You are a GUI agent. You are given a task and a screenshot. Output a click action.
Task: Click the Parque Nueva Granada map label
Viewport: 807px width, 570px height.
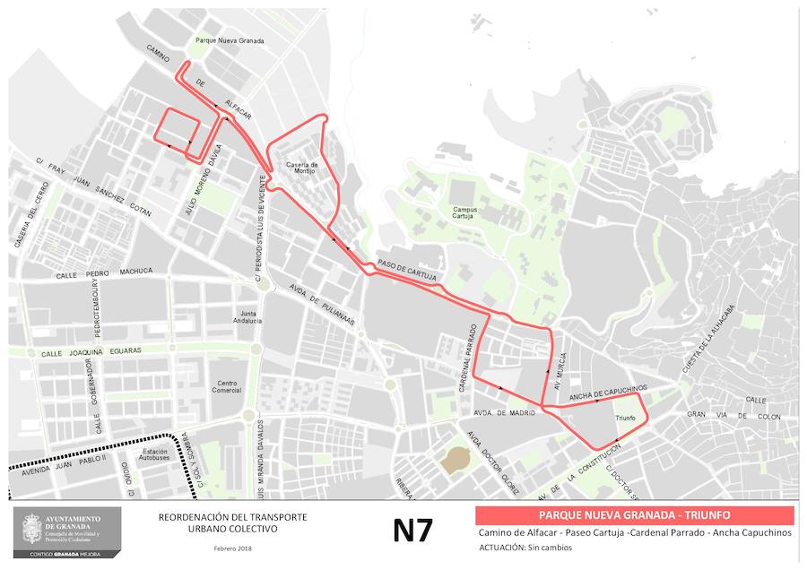[230, 40]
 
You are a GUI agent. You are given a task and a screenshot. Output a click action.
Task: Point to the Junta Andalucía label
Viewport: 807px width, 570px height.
[246, 316]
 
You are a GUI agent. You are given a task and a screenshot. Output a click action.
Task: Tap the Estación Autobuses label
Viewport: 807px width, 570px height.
[155, 454]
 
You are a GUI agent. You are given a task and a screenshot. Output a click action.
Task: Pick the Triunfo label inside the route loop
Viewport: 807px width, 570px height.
[625, 419]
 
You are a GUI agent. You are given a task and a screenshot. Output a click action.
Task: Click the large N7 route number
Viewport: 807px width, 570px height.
[413, 530]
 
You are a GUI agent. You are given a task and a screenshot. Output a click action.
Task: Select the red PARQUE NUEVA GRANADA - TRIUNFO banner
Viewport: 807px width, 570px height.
[634, 515]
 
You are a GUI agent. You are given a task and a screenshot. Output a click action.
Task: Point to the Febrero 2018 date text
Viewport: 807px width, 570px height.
[232, 548]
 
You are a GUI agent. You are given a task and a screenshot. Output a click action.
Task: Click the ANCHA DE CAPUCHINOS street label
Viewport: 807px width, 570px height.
[608, 393]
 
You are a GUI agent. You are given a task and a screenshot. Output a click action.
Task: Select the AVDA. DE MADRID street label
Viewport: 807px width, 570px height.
[503, 412]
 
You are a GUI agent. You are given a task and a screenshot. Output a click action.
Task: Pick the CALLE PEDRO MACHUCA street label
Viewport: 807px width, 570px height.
[104, 272]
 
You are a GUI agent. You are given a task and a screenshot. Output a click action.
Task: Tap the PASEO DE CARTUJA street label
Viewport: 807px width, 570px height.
[406, 271]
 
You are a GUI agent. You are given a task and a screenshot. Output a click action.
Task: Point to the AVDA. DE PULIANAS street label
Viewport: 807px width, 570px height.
[322, 305]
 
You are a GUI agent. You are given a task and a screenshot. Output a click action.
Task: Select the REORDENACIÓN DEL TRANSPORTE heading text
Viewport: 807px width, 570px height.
[232, 517]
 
